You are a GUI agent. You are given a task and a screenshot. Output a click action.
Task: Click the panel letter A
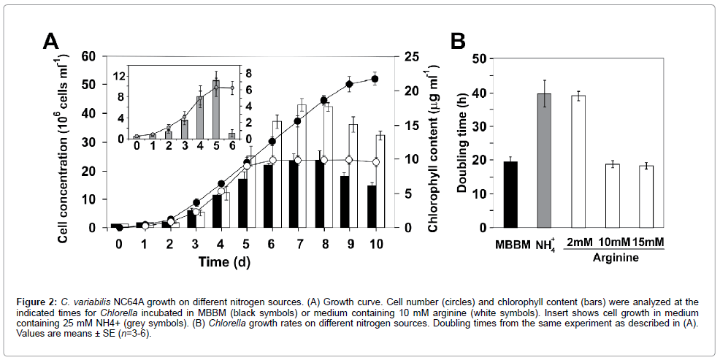click(50, 42)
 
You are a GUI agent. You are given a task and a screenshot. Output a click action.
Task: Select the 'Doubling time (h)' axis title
click(462, 142)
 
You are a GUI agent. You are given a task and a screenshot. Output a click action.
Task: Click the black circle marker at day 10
click(375, 79)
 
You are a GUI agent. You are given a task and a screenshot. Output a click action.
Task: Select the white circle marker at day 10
click(375, 162)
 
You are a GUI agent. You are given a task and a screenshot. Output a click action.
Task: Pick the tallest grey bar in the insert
click(215, 109)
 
